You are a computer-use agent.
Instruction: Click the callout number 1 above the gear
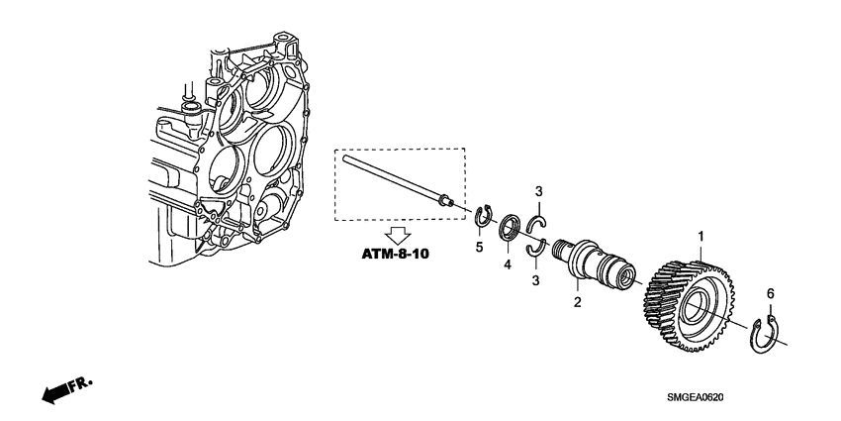pyautogui.click(x=701, y=238)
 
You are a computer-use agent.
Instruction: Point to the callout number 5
pyautogui.click(x=479, y=248)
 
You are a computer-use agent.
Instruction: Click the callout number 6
pyautogui.click(x=770, y=294)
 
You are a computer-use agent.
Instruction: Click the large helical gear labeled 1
pyautogui.click(x=692, y=307)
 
